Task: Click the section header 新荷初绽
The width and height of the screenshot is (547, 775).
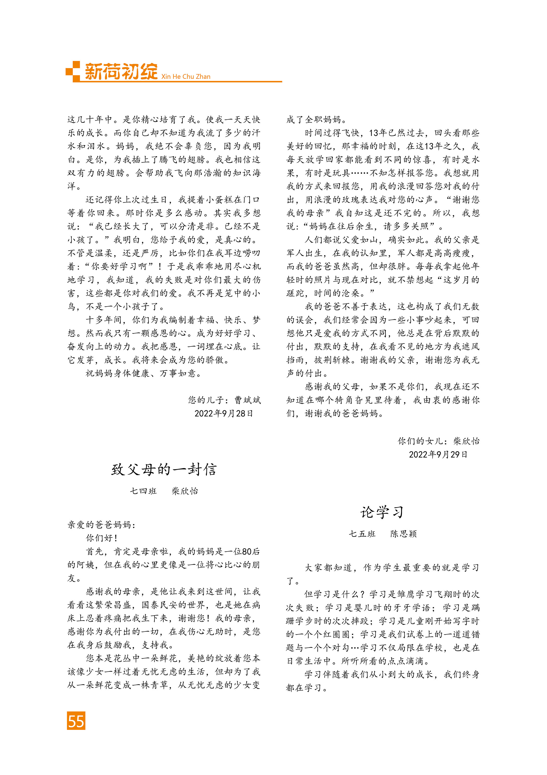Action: coord(121,72)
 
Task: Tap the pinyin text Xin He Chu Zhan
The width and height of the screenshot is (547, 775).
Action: coord(185,77)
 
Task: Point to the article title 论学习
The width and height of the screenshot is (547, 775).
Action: coord(382,512)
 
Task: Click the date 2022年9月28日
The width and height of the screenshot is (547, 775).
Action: coord(224,414)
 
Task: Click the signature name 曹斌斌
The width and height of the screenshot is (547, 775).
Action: coord(248,400)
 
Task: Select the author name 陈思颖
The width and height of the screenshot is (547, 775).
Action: coord(403,534)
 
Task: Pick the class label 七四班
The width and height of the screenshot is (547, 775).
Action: coord(143,491)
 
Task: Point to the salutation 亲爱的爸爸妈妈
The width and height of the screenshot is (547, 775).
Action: coord(101,524)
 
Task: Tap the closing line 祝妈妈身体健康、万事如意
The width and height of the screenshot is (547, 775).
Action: coord(143,373)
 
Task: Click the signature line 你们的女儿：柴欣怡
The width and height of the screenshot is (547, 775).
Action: coord(438,441)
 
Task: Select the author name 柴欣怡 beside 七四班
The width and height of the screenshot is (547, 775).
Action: coord(185,491)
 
